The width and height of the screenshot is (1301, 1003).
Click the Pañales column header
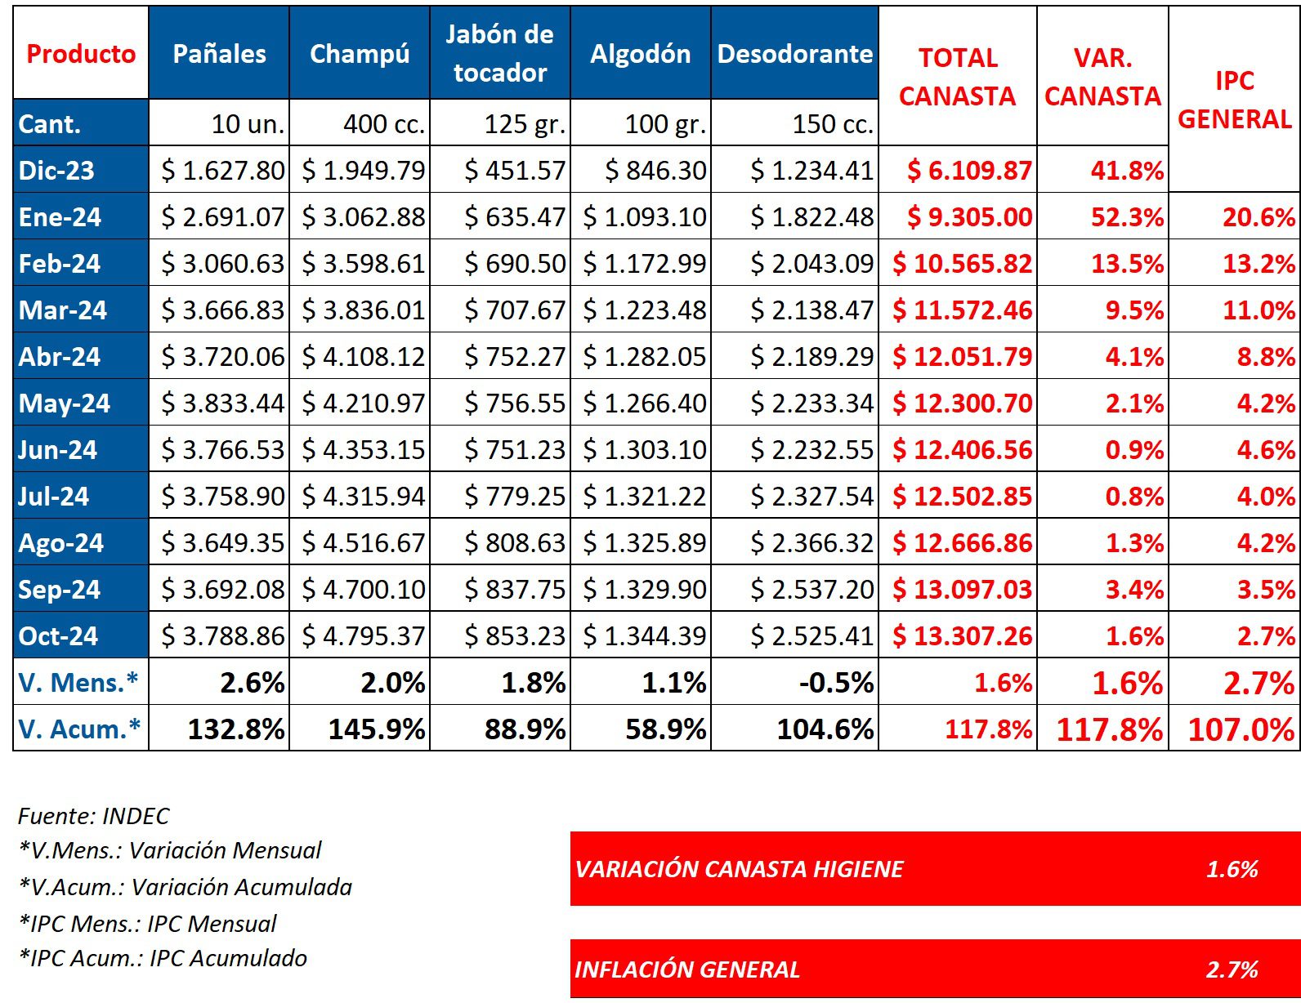(x=219, y=54)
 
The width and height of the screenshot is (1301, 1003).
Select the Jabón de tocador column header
(x=499, y=54)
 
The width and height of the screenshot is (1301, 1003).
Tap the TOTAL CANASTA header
(x=957, y=77)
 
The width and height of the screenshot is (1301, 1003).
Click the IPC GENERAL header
(x=1234, y=100)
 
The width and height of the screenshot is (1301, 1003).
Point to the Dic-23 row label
(x=57, y=171)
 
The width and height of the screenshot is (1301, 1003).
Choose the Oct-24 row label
(x=58, y=635)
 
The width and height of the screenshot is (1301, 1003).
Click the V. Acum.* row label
(x=79, y=729)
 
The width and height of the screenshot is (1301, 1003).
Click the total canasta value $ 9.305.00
(x=969, y=217)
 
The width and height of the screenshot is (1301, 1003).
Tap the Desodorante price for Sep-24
(x=812, y=590)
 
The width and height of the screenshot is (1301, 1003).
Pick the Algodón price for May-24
(x=645, y=403)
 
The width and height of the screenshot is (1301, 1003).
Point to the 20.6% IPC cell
(x=1259, y=217)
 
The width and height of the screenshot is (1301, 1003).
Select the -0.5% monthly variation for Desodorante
(x=836, y=683)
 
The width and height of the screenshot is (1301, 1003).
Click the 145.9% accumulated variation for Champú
(x=377, y=729)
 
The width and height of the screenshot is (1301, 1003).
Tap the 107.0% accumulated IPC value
(x=1241, y=729)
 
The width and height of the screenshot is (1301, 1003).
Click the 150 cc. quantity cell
(x=833, y=124)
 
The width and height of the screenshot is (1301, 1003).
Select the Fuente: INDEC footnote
(x=94, y=816)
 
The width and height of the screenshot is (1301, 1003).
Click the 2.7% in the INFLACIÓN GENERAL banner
(x=1232, y=970)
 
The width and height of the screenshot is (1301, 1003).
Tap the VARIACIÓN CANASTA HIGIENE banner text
(x=739, y=869)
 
